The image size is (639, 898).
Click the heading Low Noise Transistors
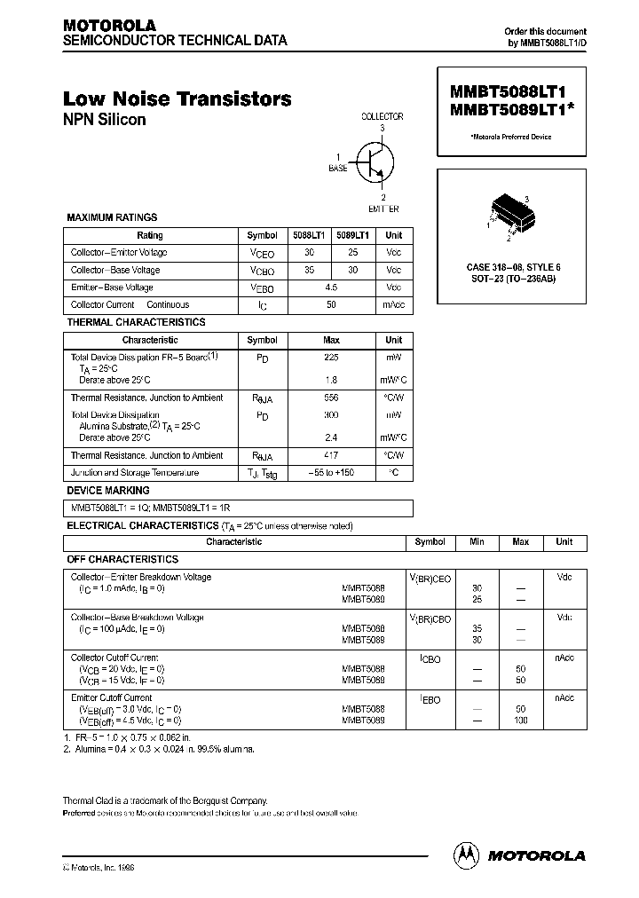177,99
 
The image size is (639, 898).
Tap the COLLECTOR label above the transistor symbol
383,116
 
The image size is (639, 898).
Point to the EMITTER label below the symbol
383,209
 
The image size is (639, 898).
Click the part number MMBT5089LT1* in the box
514,110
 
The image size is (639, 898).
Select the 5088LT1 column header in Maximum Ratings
309,235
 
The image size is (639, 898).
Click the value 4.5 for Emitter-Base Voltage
331,288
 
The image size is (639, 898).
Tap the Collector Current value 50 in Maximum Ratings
331,305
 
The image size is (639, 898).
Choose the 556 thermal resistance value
331,398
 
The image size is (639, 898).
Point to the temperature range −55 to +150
331,473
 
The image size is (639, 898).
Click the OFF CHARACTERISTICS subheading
122,560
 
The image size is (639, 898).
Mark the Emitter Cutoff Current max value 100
521,720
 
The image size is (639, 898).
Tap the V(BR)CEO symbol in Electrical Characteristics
430,579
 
